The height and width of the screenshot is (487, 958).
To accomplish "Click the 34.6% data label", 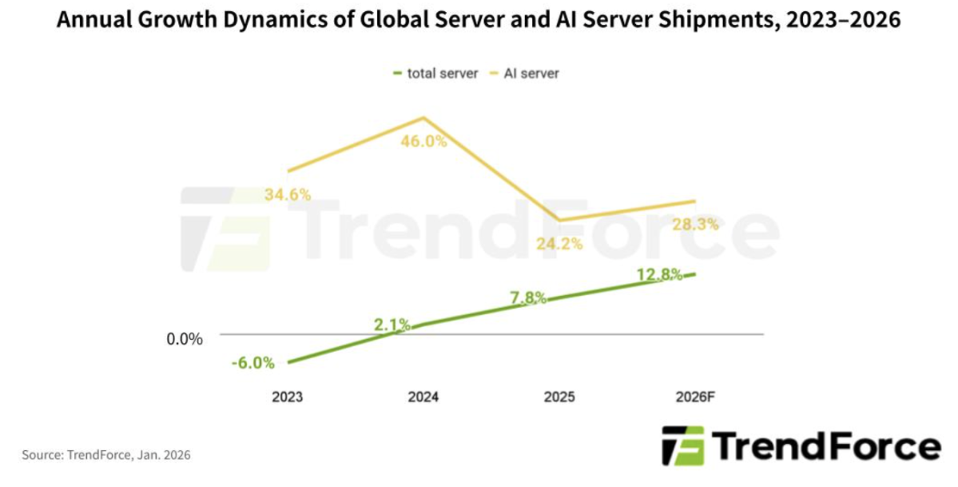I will pos(288,194).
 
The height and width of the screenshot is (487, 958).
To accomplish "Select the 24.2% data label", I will pos(559,243).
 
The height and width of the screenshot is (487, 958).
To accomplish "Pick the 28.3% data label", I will pos(694,225).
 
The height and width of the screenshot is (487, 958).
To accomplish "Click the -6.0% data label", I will pos(253,362).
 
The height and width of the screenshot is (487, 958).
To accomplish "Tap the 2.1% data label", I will pos(392,325).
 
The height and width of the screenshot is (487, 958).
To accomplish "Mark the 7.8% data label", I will pos(528,297).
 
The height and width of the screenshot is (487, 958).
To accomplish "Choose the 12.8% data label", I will pos(659,275).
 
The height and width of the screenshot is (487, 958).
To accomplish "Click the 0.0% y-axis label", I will pos(185,339).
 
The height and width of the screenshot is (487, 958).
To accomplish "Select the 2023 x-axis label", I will pos(287,397).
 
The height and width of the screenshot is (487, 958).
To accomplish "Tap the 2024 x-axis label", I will pos(423,397).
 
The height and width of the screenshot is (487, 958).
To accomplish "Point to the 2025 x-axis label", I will pos(559,397).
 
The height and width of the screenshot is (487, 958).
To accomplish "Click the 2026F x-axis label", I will pos(694,397).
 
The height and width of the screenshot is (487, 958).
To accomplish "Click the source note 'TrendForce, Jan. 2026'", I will pos(106,455).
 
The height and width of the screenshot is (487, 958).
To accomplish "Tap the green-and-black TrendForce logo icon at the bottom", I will pos(683,445).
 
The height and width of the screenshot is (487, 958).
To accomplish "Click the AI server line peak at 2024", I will pos(423,118).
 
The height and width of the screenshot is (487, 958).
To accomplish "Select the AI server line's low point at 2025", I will pos(559,220).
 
